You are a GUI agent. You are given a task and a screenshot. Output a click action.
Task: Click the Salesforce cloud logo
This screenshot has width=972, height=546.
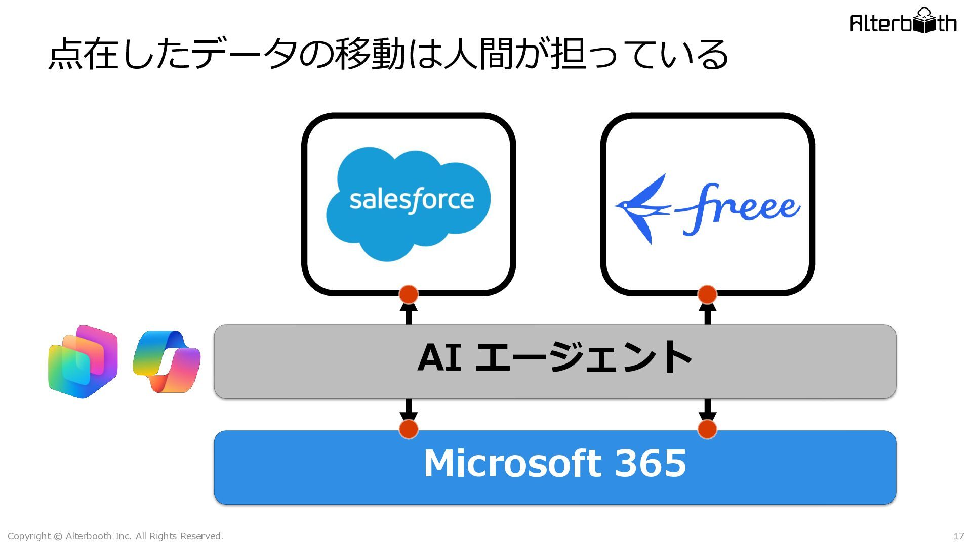pos(408,204)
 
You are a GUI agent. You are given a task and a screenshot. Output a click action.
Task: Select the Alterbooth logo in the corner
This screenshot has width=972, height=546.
pos(903,21)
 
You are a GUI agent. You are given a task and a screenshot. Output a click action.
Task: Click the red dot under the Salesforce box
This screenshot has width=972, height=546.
pos(409,294)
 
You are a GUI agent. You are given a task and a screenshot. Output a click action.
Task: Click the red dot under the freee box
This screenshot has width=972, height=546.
pos(707,294)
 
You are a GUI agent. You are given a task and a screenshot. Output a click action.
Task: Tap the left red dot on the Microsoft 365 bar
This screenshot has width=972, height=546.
pos(409,429)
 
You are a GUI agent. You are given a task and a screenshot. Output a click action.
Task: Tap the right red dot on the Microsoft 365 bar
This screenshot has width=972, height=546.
pos(707,429)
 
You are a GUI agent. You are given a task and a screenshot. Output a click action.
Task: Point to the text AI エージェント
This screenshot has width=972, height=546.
pos(555,357)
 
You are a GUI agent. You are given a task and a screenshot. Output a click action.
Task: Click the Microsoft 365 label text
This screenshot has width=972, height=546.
pos(555,463)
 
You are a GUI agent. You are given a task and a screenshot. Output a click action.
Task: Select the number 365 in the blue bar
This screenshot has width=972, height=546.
pos(651,463)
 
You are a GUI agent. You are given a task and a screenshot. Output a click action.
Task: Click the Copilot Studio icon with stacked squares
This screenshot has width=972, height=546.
pos(83,361)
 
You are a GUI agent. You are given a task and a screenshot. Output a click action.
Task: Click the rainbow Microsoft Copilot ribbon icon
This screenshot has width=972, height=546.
pos(167,361)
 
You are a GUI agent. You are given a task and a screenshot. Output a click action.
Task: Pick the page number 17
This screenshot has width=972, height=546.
pos(958,536)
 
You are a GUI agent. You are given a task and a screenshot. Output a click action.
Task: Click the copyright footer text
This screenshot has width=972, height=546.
pos(115,536)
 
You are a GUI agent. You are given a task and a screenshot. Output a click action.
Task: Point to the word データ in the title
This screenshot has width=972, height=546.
pos(245,54)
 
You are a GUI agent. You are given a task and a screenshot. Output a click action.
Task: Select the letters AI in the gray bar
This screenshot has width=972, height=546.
pos(439,357)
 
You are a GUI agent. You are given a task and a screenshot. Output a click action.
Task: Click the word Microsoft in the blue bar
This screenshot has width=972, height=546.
pos(512,463)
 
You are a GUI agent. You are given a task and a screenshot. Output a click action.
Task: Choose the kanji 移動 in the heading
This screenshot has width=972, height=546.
pos(371,54)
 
